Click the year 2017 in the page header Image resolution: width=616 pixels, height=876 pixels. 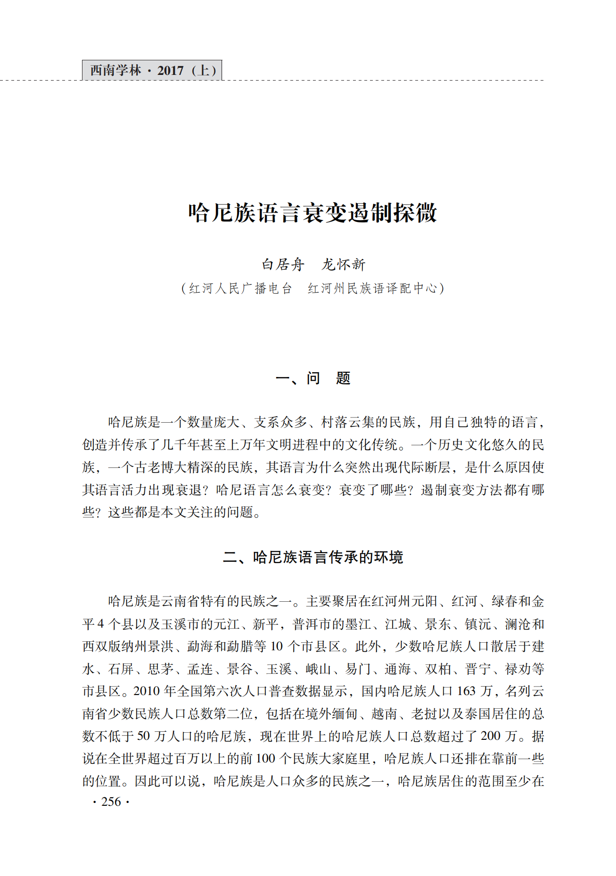click(x=170, y=71)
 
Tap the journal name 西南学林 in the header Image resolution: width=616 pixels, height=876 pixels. click(x=115, y=71)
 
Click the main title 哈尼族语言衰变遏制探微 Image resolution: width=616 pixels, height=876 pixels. click(x=312, y=213)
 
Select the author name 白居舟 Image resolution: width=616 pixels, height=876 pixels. click(x=283, y=265)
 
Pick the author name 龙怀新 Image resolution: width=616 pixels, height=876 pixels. click(x=344, y=265)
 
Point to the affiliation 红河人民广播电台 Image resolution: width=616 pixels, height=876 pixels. click(x=240, y=288)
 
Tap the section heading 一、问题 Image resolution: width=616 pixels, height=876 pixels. click(x=313, y=378)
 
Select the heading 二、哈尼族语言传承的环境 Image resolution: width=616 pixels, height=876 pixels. click(x=313, y=557)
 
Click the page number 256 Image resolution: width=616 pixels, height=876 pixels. click(x=111, y=802)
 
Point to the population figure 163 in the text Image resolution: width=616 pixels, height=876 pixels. click(x=466, y=691)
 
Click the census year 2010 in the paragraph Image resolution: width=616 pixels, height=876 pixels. click(x=147, y=691)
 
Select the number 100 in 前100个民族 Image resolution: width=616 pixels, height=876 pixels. click(x=265, y=759)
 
